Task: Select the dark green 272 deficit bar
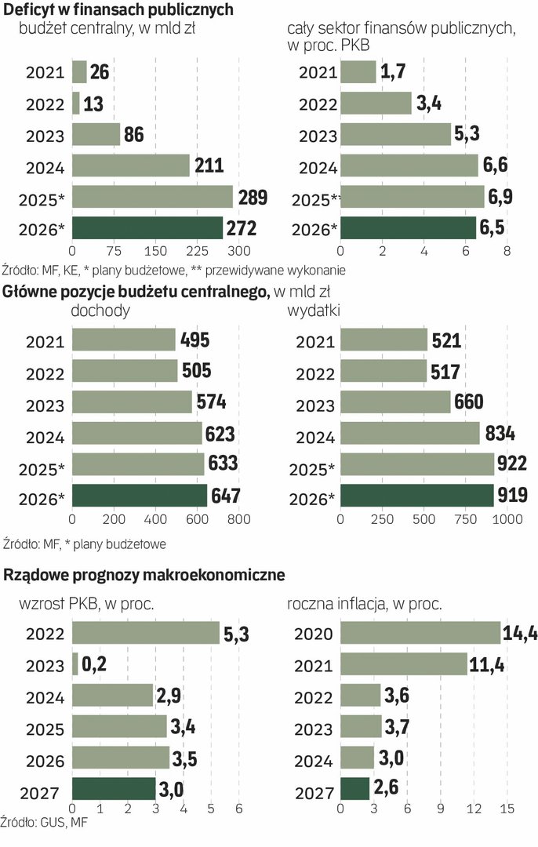click(x=147, y=228)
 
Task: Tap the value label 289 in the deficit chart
click(x=253, y=197)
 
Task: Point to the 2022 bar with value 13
click(x=76, y=104)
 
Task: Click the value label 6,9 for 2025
click(x=503, y=197)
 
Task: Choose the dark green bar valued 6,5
click(x=408, y=228)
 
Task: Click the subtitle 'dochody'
click(x=101, y=311)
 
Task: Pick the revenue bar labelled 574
click(x=132, y=402)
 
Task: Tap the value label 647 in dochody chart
click(x=227, y=496)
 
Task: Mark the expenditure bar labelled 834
click(x=409, y=434)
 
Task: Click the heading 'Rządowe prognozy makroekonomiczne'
click(x=144, y=575)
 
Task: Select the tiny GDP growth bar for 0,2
click(x=75, y=664)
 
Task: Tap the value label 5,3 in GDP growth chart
click(x=238, y=633)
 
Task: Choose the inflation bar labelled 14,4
click(x=420, y=633)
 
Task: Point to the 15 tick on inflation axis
click(x=507, y=809)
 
